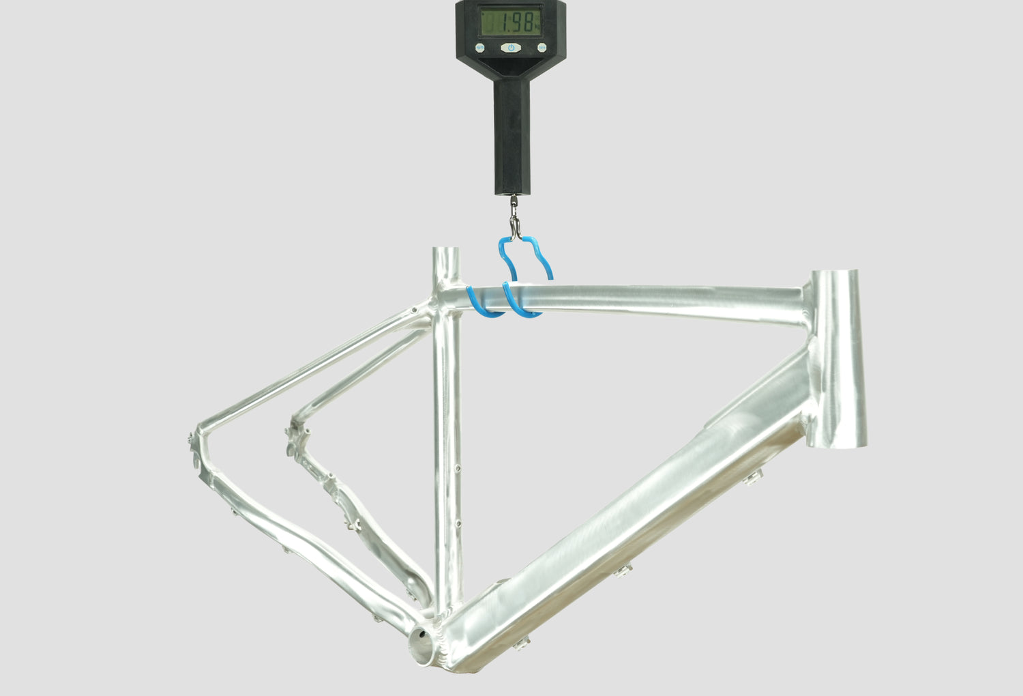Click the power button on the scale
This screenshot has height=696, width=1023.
pyautogui.click(x=511, y=48)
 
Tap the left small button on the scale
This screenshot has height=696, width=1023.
pyautogui.click(x=479, y=48)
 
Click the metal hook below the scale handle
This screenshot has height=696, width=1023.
pyautogui.click(x=515, y=218)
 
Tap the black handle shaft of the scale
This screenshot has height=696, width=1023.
pyautogui.click(x=512, y=137)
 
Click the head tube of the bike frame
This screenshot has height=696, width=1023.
pyautogui.click(x=837, y=359)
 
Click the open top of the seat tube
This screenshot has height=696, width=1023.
pyautogui.click(x=446, y=250)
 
